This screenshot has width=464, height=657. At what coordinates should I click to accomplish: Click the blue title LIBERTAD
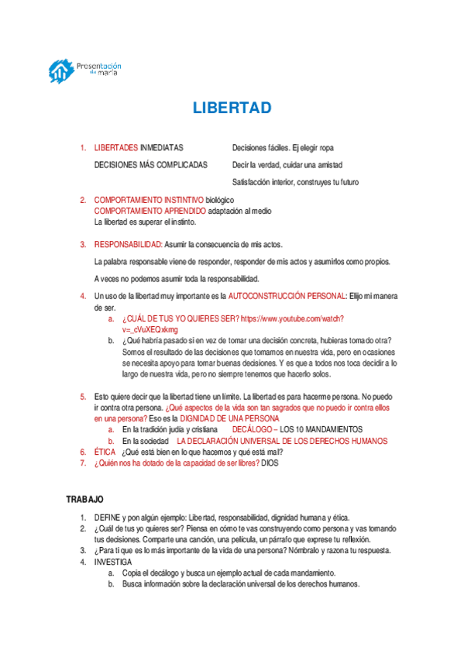232,108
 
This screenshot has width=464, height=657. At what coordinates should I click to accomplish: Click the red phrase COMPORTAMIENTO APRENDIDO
150,211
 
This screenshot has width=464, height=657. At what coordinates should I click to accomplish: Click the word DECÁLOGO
252,429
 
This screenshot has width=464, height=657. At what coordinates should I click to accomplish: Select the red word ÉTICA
105,452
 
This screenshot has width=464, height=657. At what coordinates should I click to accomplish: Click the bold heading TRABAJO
84,500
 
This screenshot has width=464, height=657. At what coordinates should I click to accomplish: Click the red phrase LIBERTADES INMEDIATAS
139,147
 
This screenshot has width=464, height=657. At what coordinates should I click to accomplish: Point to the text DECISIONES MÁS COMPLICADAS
151,165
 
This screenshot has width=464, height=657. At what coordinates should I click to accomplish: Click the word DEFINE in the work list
107,517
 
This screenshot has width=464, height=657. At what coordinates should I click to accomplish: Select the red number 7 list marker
83,463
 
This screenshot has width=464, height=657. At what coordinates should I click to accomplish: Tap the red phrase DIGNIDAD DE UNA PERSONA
223,418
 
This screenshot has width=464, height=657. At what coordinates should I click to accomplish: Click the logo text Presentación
100,67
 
